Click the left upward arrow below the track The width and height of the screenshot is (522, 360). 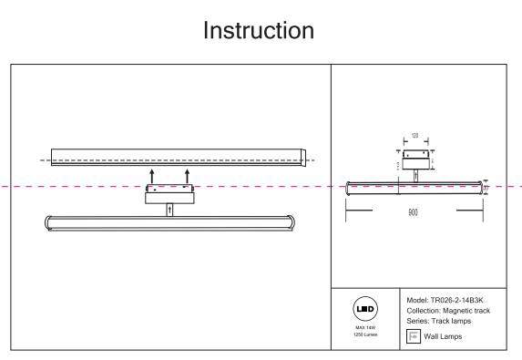152,175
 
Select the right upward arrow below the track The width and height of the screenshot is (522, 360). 187,175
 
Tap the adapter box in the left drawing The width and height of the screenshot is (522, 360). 169,192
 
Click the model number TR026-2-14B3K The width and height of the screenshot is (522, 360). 464,300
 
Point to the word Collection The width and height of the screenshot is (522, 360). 423,311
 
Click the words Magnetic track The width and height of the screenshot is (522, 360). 470,311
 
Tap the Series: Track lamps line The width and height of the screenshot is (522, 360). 440,322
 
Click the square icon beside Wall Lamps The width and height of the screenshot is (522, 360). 412,336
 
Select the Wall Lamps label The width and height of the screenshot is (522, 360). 443,337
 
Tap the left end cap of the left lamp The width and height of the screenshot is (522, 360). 49,222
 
